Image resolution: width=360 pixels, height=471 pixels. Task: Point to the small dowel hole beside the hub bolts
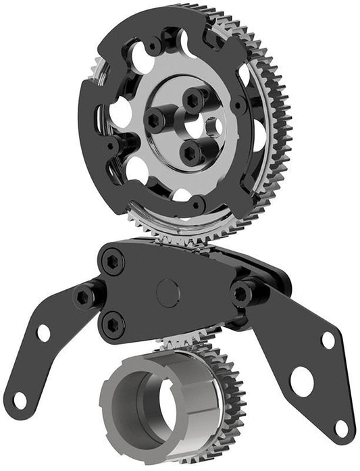(211, 126)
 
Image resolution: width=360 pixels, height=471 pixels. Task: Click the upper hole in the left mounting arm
(43, 332)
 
